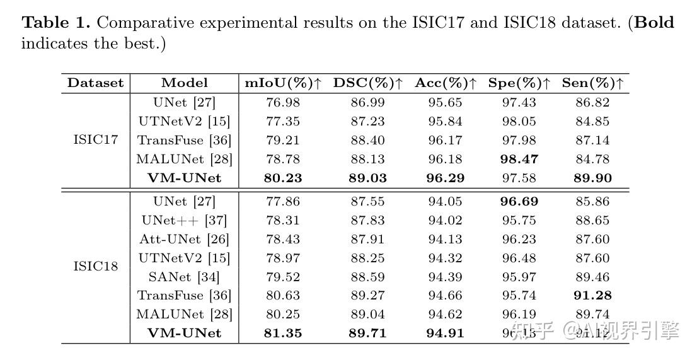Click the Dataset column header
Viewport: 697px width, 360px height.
(96, 83)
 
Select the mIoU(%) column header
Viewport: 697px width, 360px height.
(283, 83)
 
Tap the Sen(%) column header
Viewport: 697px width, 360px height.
(593, 83)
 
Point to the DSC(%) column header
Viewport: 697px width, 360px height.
(367, 83)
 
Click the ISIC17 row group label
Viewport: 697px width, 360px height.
(96, 140)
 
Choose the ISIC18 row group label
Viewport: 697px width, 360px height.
(96, 266)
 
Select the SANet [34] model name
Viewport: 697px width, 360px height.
(185, 277)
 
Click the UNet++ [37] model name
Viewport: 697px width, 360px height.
(185, 221)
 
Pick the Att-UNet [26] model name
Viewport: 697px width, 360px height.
(185, 240)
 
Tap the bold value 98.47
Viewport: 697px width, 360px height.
(519, 160)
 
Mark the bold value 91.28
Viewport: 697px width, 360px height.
(593, 295)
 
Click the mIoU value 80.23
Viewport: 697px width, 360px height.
(283, 178)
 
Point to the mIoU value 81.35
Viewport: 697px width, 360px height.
(283, 333)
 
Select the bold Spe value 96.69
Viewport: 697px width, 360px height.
(519, 202)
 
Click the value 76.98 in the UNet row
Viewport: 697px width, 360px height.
(283, 102)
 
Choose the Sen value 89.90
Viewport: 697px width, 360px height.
(593, 178)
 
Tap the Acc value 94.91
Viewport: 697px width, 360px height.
(445, 333)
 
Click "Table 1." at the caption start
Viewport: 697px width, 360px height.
(56, 23)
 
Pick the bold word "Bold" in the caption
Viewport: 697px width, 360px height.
(654, 23)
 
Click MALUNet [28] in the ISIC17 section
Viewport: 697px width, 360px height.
(185, 160)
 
